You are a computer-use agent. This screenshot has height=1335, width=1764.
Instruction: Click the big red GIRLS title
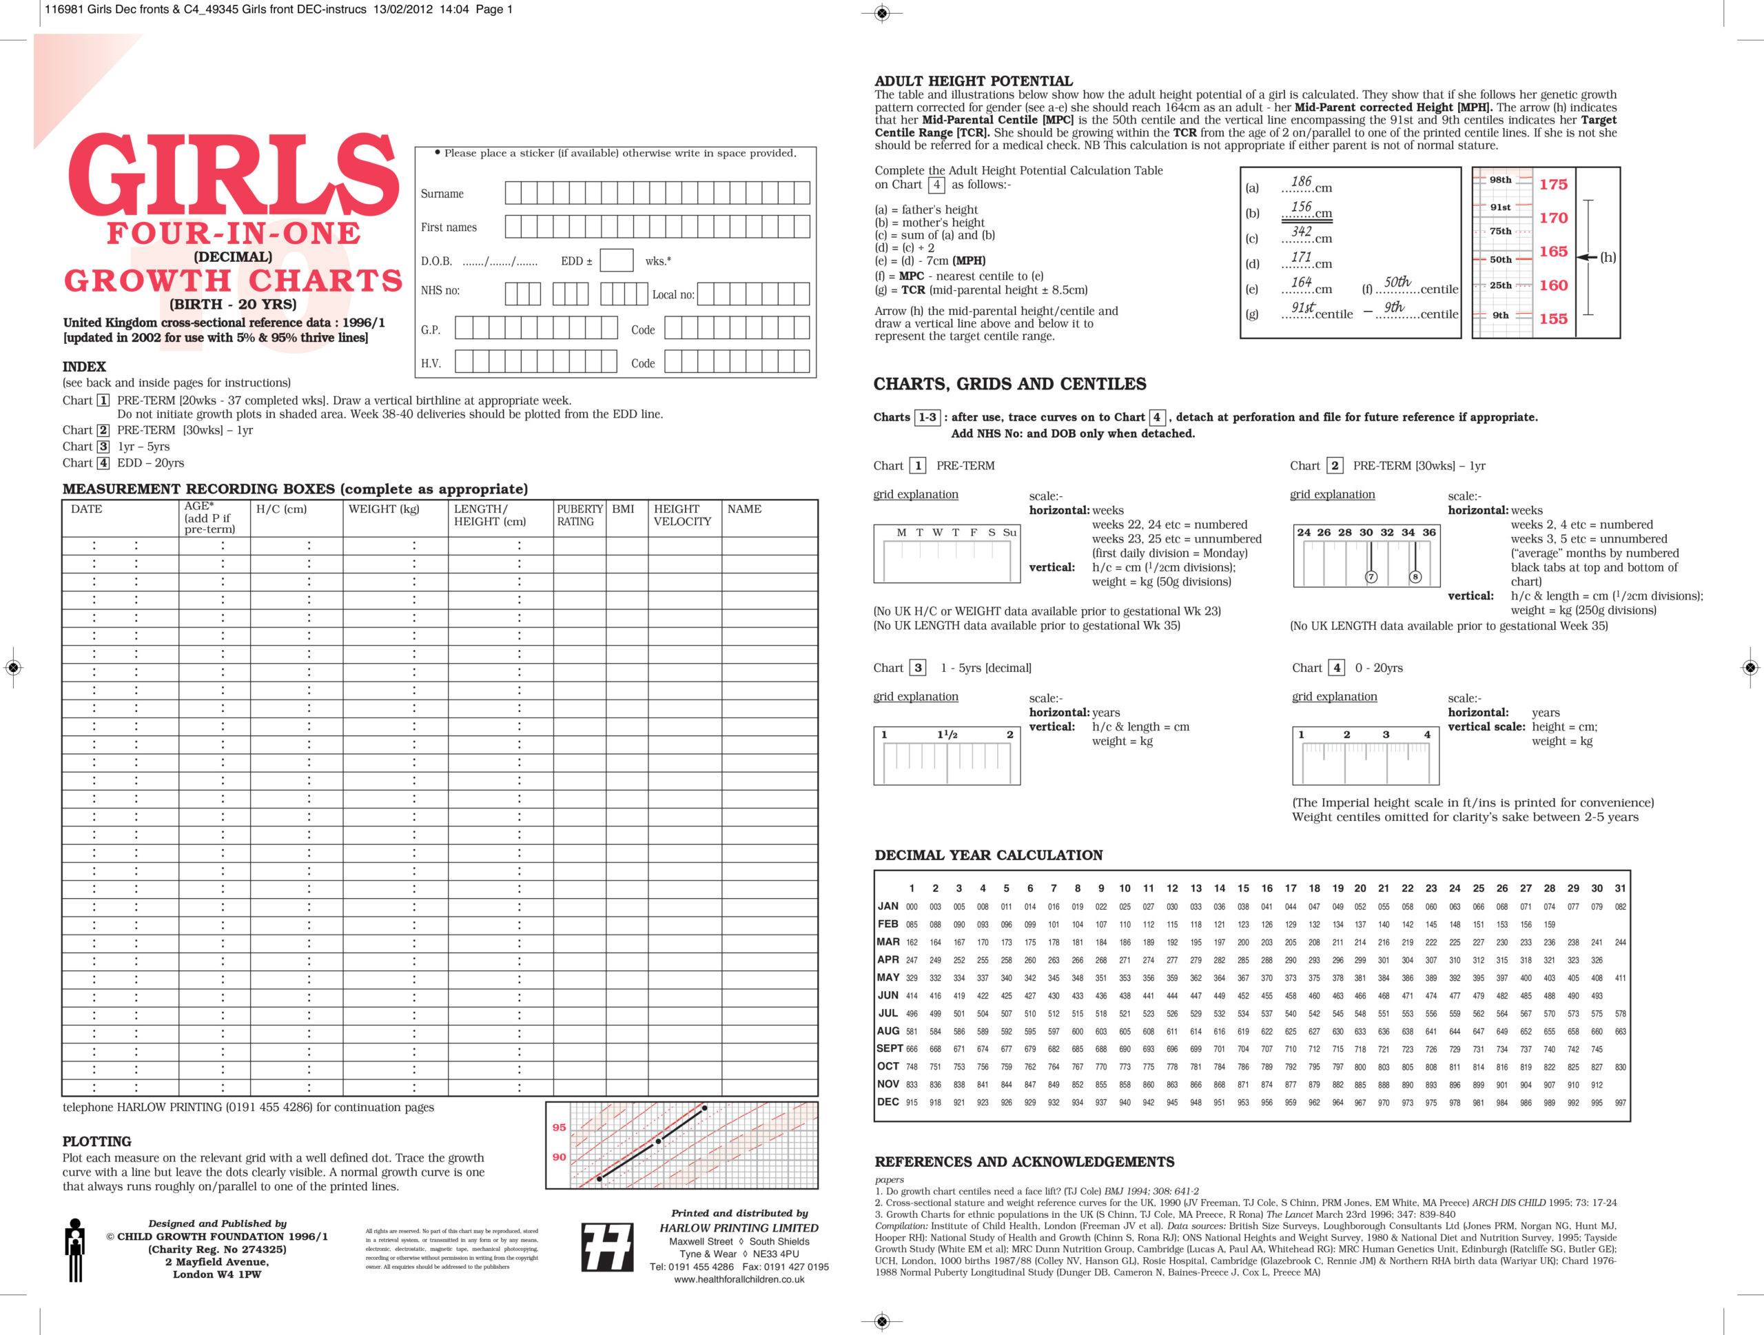pos(233,176)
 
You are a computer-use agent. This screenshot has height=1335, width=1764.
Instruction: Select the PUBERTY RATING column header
pos(579,515)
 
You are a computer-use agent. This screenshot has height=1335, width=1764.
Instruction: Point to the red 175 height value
pos(1552,184)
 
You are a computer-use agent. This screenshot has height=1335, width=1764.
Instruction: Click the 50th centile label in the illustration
pos(1500,259)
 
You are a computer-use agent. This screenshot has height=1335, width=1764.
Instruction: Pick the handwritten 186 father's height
pos(1301,182)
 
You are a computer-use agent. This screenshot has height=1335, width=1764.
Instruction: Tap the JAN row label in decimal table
pos(888,906)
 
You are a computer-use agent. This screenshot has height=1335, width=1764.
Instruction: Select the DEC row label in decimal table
pos(888,1101)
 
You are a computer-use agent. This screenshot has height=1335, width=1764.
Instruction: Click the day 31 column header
pos(1620,888)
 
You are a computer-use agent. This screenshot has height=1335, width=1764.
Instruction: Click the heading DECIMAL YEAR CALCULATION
pos(988,855)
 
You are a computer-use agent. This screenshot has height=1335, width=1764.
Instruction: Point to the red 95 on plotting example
pos(559,1127)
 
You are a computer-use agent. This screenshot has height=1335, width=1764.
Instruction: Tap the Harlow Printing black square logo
pos(607,1247)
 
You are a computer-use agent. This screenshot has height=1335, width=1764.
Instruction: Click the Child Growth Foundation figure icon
pos(76,1250)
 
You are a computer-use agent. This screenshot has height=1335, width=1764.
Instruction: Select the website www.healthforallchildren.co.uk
pos(739,1279)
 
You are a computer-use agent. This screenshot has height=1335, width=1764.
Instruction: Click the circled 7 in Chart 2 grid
pos(1371,577)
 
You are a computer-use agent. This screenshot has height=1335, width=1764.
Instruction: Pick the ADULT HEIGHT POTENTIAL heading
pos(973,81)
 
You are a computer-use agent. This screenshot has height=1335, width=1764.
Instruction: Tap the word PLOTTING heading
pos(96,1141)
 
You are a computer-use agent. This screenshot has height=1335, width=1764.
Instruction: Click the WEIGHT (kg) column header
pos(384,509)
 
